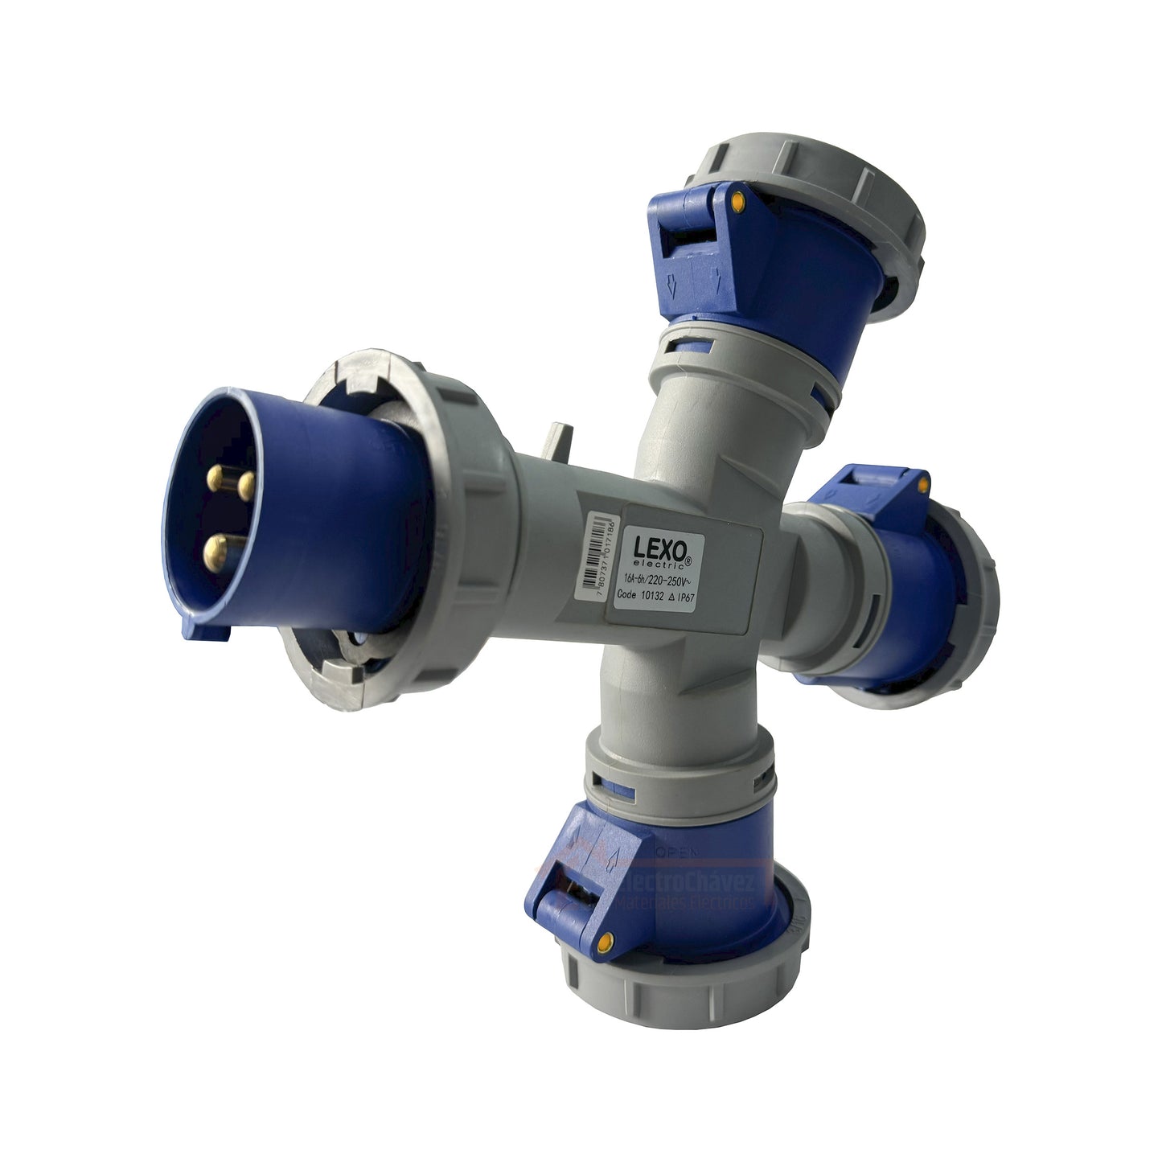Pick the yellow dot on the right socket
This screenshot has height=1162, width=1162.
click(923, 485)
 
